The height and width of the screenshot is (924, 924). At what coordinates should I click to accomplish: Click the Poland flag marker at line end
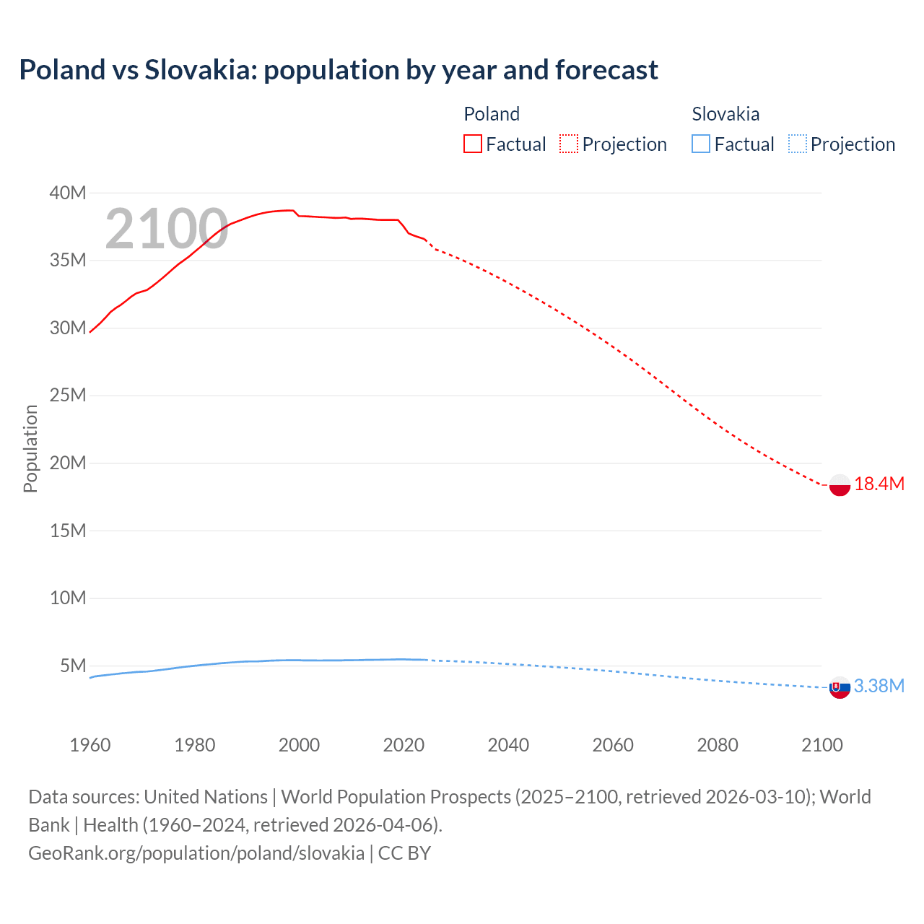point(840,485)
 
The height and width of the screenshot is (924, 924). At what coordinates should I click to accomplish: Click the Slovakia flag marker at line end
point(840,688)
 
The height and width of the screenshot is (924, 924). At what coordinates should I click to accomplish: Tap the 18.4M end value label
point(879,484)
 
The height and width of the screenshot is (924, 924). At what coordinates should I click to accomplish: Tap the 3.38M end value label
point(879,687)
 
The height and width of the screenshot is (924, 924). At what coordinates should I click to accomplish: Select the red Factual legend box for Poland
point(473,144)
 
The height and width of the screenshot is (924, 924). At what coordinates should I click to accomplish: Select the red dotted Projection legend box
point(569,144)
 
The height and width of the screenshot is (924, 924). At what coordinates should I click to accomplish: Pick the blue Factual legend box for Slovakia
point(701,144)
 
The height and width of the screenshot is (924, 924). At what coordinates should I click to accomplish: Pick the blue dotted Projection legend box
point(798,144)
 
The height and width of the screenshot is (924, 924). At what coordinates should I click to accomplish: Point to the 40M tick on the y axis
point(68,193)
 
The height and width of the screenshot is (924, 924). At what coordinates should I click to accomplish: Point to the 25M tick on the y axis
point(68,396)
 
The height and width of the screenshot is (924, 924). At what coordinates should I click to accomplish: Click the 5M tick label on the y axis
point(73,666)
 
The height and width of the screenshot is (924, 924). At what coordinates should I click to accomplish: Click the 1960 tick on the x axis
point(90,745)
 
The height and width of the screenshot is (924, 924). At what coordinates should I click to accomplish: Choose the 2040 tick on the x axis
point(508,745)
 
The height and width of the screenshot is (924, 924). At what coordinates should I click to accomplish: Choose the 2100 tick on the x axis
point(821,745)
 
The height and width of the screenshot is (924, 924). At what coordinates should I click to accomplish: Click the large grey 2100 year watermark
point(167,230)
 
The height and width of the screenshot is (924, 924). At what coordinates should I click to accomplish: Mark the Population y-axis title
point(30,448)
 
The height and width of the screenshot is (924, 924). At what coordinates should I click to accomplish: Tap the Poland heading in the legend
point(492,114)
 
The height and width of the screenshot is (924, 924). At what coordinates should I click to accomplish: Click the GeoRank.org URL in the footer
point(196,853)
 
